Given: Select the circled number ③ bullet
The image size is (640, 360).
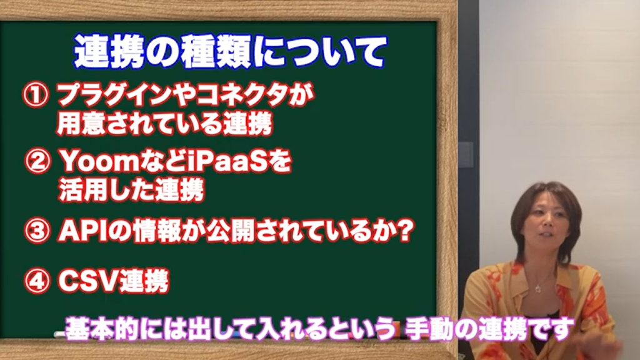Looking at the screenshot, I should click(37, 232).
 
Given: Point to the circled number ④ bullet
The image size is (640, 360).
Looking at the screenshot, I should click(36, 281).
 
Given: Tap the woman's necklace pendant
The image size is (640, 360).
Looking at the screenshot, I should click(537, 289).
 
